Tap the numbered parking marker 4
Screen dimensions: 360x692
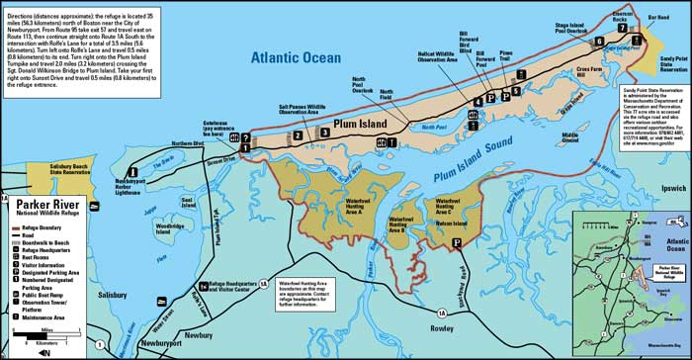477,100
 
